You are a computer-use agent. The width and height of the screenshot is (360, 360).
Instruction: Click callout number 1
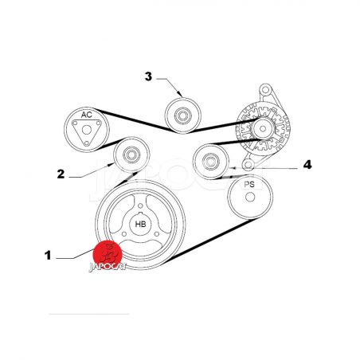click(48, 256)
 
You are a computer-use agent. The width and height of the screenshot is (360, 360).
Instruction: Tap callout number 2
click(61, 174)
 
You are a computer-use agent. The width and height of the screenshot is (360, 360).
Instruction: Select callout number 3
click(148, 76)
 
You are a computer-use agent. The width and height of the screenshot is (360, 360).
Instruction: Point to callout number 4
click(307, 165)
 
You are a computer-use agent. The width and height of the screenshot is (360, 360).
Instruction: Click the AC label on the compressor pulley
click(87, 115)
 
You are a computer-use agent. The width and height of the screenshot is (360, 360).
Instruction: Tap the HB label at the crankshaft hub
click(140, 225)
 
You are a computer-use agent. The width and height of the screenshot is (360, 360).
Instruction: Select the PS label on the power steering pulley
click(249, 184)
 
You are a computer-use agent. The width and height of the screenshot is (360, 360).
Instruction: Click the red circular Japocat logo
click(108, 254)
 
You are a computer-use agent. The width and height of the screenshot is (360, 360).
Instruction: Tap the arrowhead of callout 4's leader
click(231, 168)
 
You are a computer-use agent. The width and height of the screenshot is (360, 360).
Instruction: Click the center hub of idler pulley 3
click(183, 115)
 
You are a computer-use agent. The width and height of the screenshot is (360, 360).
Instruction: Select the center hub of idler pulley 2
click(131, 155)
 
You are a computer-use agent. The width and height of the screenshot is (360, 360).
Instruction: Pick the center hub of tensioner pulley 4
click(210, 162)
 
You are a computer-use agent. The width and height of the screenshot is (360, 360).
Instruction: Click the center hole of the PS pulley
click(250, 197)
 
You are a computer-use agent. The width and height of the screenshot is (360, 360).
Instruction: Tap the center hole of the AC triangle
click(87, 130)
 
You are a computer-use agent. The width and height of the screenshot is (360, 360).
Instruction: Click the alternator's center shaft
click(263, 129)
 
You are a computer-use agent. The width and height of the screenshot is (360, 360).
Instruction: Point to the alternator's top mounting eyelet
click(264, 89)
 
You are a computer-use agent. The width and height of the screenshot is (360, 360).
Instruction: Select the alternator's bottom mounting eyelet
click(248, 165)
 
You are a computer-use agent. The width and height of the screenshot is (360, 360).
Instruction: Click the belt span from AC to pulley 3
click(135, 121)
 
